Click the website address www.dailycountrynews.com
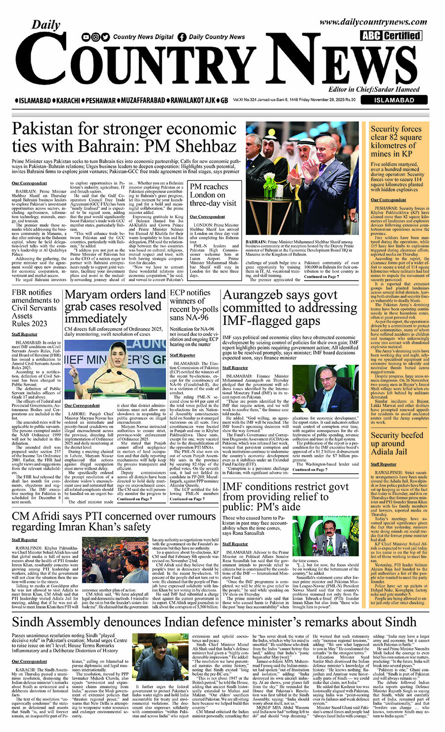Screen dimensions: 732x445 373,22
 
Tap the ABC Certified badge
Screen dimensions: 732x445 391,36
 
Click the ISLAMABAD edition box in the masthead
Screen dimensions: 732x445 394,100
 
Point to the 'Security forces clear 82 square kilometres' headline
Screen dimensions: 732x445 396,141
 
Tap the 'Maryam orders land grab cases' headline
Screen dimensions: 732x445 115,306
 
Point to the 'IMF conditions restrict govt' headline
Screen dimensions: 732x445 285,496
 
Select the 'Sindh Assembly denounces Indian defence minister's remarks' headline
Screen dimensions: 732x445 215,621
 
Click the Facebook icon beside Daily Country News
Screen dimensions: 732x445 182,37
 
